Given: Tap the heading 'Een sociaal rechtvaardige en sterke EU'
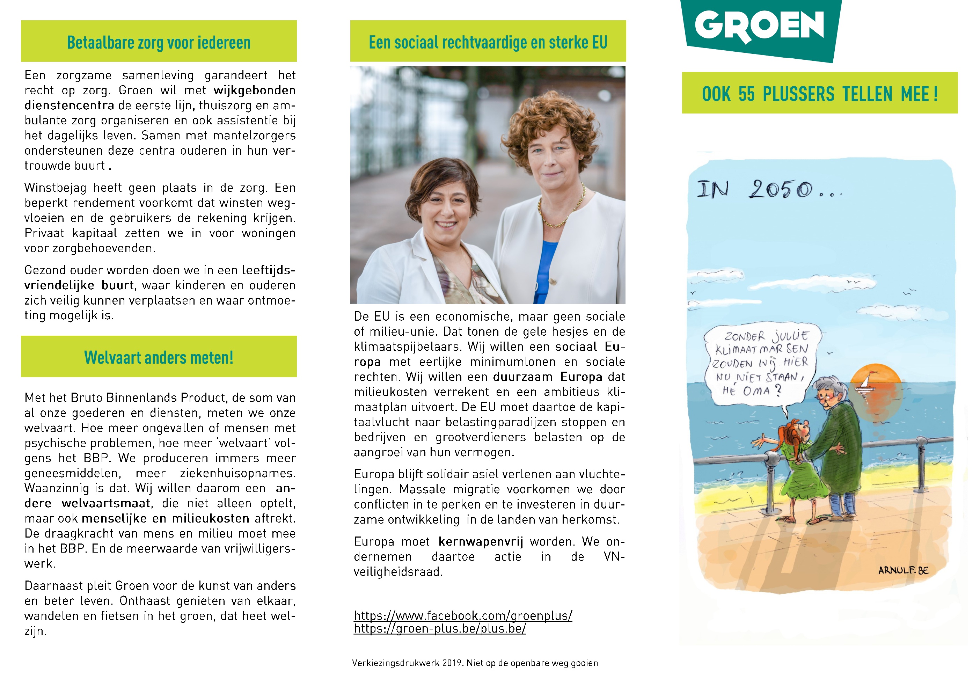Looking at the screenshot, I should pyautogui.click(x=488, y=43).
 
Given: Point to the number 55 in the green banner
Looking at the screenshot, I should pyautogui.click(x=746, y=94).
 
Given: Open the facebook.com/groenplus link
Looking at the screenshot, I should pyautogui.click(x=463, y=615).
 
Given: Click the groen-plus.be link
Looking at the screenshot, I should pyautogui.click(x=440, y=628).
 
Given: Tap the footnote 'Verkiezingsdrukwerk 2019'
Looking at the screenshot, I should pyautogui.click(x=475, y=663).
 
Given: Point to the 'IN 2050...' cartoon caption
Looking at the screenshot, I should pyautogui.click(x=768, y=189).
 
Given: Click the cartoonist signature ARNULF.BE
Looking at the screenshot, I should pyautogui.click(x=903, y=570).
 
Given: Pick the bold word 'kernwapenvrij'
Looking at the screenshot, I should pyautogui.click(x=481, y=541).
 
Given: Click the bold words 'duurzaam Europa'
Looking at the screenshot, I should pyautogui.click(x=548, y=377).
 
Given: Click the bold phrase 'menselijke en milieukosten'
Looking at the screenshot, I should pyautogui.click(x=166, y=518).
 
